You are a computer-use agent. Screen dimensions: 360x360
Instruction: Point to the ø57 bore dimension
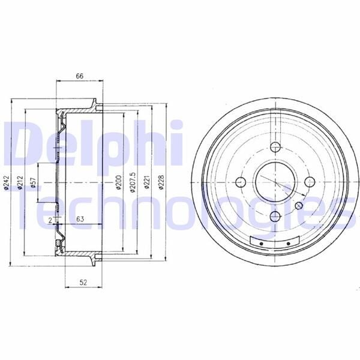tap(34, 182)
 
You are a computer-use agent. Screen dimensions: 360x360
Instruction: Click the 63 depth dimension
tap(80, 220)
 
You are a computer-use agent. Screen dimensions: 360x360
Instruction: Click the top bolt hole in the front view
tap(275, 148)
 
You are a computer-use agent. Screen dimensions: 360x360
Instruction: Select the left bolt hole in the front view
tap(241, 182)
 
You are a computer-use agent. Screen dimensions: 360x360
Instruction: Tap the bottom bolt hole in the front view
tap(275, 217)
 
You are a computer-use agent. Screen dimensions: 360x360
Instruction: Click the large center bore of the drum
tap(275, 182)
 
